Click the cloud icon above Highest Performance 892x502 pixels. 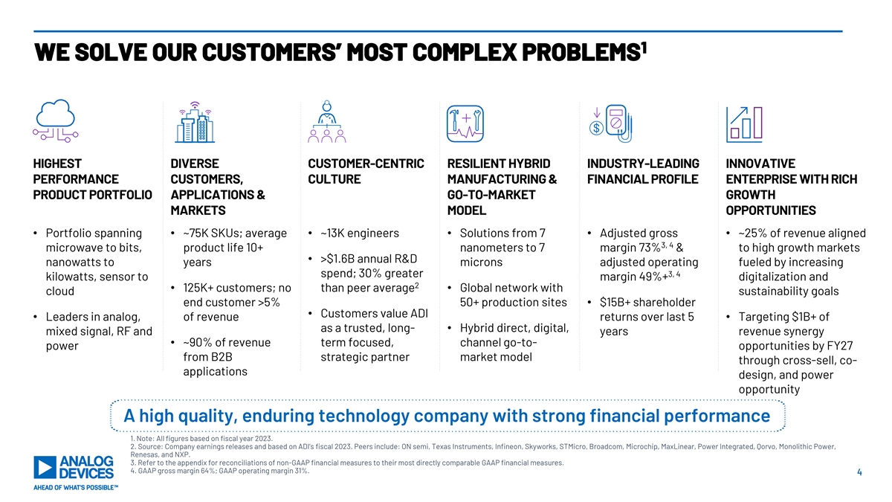(55, 120)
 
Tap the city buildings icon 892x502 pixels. (195, 122)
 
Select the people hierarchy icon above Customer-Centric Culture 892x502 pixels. (327, 121)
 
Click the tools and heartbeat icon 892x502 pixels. (465, 123)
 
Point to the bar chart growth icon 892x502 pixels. (744, 124)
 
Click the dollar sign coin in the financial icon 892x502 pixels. (596, 128)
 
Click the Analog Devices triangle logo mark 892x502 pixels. (45, 467)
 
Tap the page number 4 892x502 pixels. (859, 472)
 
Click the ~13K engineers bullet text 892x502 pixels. (360, 233)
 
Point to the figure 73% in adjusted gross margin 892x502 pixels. (650, 248)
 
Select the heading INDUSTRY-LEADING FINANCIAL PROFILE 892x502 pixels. (643, 171)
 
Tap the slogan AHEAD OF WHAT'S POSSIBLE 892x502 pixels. (76, 488)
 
